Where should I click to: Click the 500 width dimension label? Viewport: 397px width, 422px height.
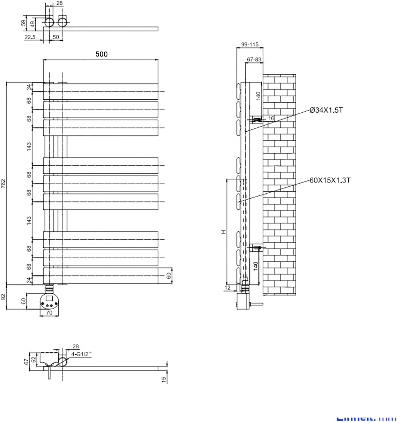101,54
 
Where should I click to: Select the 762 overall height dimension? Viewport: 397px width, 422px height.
4,183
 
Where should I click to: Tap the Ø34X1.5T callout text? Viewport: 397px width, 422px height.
326,110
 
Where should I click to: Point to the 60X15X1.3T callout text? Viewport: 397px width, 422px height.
330,180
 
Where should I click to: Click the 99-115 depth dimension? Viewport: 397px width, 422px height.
250,44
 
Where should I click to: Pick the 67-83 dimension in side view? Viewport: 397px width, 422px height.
254,59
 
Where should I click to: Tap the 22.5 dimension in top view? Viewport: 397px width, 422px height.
30,37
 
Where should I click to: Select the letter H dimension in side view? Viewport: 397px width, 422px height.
224,232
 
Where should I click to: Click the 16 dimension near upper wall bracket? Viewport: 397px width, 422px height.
271,118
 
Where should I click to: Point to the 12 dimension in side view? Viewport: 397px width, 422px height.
227,288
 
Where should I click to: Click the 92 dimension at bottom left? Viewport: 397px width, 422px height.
4,297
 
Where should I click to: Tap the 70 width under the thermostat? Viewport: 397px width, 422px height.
49,313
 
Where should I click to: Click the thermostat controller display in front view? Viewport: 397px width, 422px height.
49,298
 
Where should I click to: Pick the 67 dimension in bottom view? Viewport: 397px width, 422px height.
27,361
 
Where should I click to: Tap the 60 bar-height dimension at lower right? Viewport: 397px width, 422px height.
168,275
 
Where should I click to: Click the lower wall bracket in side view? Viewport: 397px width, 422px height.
256,247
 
